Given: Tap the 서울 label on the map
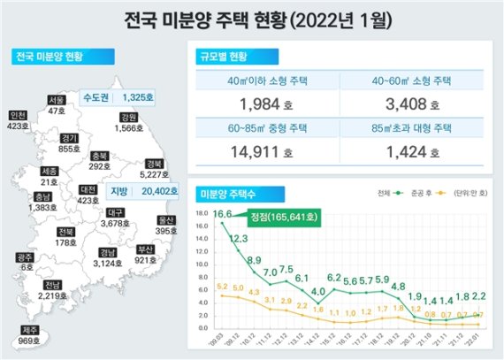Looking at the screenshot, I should point(57,100).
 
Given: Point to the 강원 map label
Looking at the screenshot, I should point(129,117).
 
